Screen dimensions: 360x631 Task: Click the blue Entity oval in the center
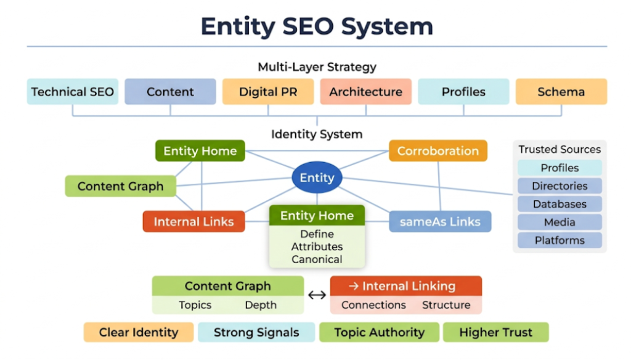click(317, 178)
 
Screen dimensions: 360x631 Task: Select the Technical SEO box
click(73, 92)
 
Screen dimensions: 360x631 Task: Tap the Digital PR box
click(268, 92)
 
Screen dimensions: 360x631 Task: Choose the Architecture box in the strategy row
click(365, 92)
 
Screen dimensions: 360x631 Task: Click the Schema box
click(561, 92)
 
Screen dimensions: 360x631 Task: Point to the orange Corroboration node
click(438, 151)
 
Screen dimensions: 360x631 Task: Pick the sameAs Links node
click(440, 221)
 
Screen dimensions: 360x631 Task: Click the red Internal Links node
click(193, 222)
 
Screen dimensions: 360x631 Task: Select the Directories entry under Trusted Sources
click(560, 186)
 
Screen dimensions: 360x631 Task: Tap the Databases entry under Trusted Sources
click(560, 204)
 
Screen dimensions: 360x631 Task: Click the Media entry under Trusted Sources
click(560, 222)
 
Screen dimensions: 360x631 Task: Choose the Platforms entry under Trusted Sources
click(560, 240)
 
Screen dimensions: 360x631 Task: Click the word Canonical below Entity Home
click(317, 259)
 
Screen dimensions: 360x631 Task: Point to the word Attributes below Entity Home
click(317, 247)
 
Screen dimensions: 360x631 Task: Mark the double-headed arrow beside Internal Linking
click(317, 295)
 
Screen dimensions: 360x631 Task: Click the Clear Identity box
click(138, 332)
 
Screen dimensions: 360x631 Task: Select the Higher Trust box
click(495, 332)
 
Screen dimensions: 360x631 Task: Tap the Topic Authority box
click(379, 332)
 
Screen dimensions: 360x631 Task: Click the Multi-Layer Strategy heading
click(317, 67)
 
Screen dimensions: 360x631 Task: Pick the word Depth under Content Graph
click(261, 305)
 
